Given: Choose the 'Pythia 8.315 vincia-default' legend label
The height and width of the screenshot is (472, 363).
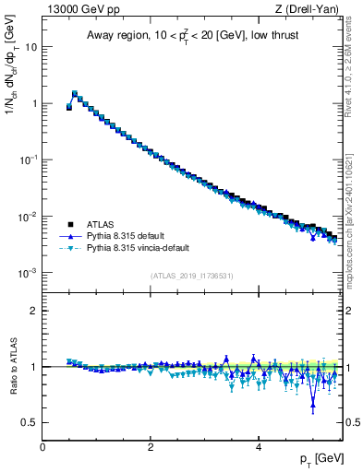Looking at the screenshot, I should coord(141,248).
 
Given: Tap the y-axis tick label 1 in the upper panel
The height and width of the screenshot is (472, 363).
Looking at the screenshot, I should coord(35,103).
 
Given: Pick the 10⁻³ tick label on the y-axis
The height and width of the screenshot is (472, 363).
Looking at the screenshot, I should coord(30,274).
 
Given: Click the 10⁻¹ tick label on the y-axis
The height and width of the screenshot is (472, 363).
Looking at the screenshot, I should coord(30,159).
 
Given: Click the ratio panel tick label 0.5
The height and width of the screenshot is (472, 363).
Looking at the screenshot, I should coord(30,423).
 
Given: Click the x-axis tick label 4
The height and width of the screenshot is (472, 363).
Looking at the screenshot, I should coord(258,447).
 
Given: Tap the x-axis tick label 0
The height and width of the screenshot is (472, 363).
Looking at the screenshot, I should coord(42,447).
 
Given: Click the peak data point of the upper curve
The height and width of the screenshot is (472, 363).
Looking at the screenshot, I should coord(75,93).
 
